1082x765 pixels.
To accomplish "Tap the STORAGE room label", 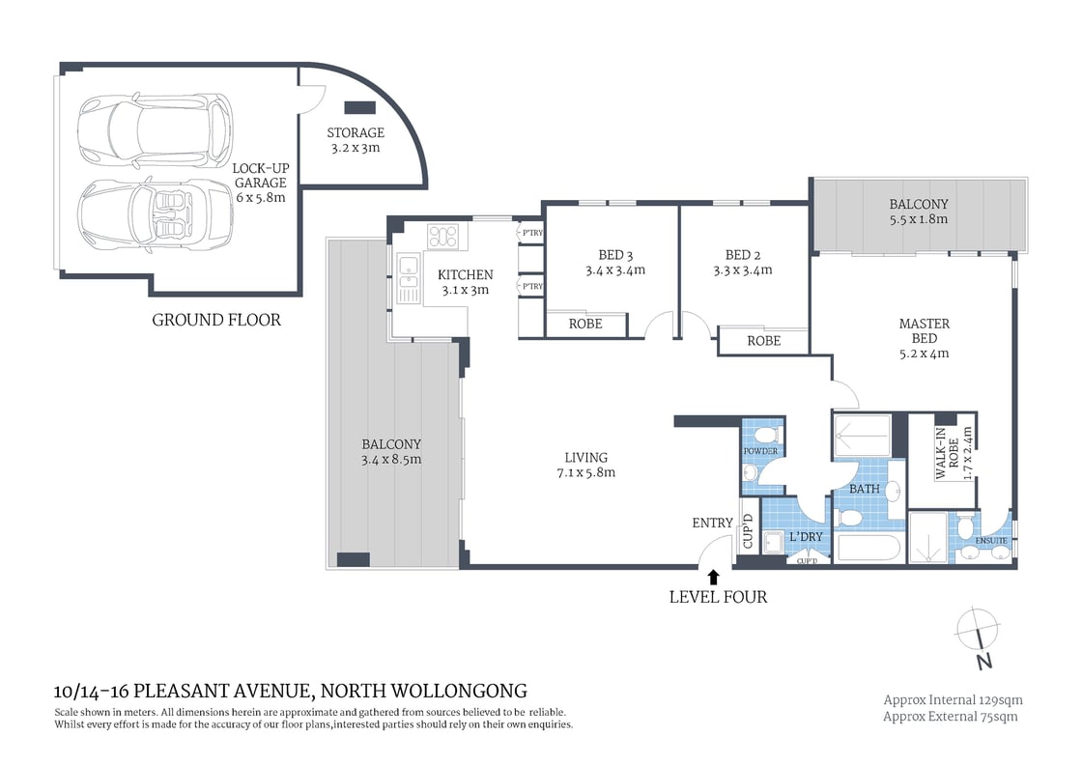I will (x=355, y=132).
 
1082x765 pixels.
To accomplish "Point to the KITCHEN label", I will (x=465, y=275).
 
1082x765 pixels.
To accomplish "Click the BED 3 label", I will (x=614, y=255).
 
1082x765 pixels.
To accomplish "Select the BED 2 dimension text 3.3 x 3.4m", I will (x=749, y=270).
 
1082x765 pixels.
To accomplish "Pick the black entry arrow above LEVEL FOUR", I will (x=713, y=577).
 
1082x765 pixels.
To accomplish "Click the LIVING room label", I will (x=585, y=457).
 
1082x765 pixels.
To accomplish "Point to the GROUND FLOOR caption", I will (x=216, y=320).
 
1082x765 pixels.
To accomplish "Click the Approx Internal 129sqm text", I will (x=952, y=699).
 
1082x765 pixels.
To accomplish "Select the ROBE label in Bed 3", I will (x=584, y=324).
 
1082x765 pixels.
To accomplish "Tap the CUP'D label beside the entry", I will (x=748, y=532).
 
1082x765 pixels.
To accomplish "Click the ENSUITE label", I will (x=992, y=542).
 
